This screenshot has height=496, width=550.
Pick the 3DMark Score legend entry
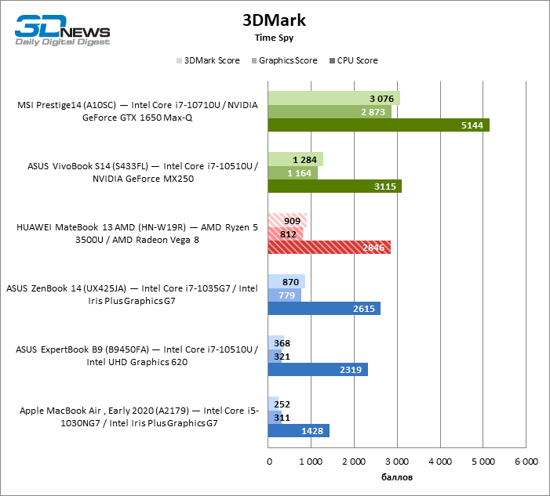click(x=211, y=60)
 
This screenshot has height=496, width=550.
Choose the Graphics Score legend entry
click(x=288, y=60)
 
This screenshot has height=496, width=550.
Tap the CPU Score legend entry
click(x=357, y=60)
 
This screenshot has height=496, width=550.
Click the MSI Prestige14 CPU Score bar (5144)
click(x=378, y=125)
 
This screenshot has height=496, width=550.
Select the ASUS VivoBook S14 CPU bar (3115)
click(x=334, y=186)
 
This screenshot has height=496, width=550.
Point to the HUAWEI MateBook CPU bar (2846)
click(x=329, y=248)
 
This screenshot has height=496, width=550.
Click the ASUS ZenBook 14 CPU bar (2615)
click(x=324, y=309)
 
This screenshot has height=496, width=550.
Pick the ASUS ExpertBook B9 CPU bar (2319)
click(x=318, y=370)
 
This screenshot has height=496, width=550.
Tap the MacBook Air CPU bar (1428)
click(x=299, y=431)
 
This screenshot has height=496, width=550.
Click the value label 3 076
click(x=381, y=98)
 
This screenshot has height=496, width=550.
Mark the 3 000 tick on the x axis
click(x=396, y=462)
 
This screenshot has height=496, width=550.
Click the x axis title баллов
click(x=396, y=477)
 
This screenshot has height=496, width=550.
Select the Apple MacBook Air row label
click(x=130, y=417)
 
